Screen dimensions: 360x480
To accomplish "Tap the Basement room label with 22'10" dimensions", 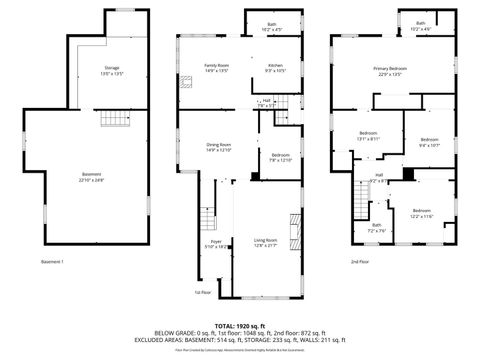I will [x=91, y=176].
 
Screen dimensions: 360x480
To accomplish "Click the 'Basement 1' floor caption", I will [x=53, y=262].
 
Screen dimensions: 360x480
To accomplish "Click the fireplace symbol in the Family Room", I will [x=186, y=84].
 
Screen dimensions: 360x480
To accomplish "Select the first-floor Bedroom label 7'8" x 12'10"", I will [x=279, y=157].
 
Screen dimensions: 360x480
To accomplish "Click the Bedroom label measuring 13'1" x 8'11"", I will [x=369, y=136].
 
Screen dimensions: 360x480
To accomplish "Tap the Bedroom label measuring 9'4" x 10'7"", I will [x=429, y=141].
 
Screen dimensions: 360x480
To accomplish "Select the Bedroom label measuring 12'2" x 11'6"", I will [x=421, y=213].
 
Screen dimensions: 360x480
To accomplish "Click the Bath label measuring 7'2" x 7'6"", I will [x=377, y=228].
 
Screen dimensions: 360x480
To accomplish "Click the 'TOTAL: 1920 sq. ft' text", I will [x=239, y=323].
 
